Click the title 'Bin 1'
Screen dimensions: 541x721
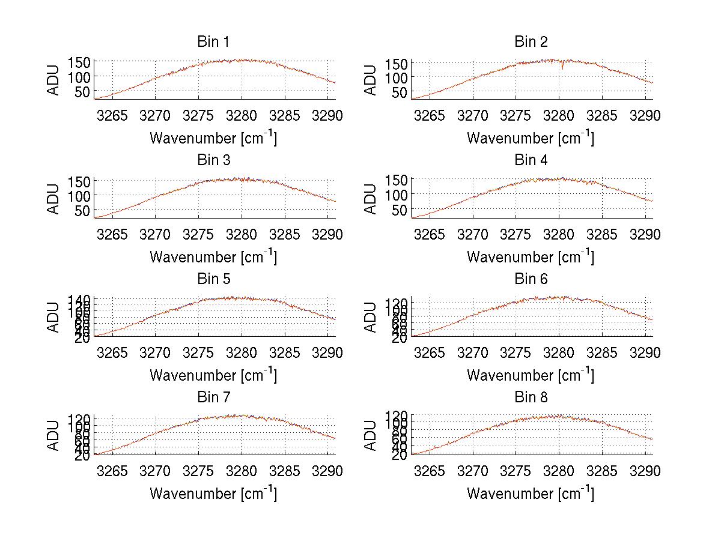tap(213, 41)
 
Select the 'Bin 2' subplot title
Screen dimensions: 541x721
tap(531, 41)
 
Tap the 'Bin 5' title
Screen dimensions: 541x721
tap(213, 279)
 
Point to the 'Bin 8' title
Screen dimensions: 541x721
tap(531, 397)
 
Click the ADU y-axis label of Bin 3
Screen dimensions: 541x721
tap(54, 199)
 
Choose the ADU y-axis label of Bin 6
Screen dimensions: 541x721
tap(371, 317)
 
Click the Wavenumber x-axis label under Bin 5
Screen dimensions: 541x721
tap(213, 375)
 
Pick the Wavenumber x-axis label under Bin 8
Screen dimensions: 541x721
tap(531, 494)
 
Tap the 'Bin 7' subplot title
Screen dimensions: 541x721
tap(213, 397)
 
